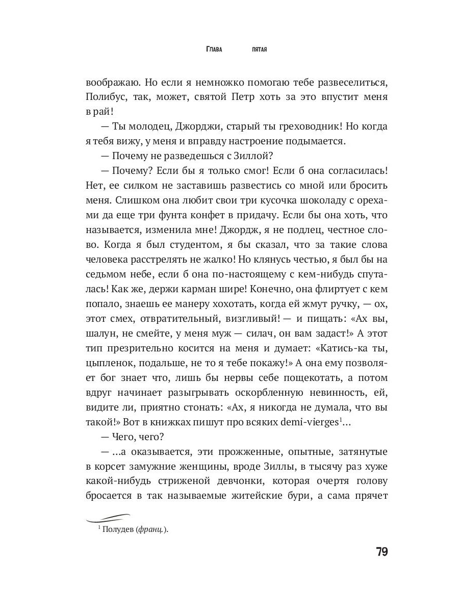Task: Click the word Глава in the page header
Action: (x=214, y=49)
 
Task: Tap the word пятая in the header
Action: (x=260, y=49)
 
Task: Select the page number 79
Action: (x=382, y=552)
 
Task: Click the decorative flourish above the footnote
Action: (x=108, y=518)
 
